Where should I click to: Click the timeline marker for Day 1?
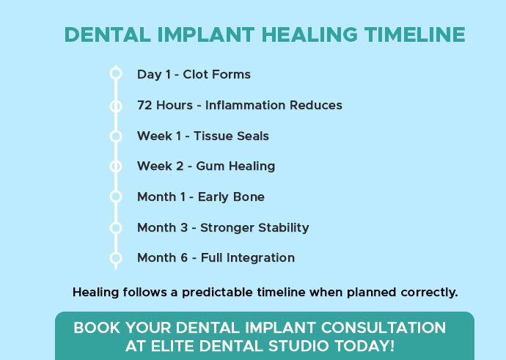pos(115,73)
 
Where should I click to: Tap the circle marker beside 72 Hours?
pos(115,106)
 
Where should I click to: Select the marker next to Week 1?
pos(115,136)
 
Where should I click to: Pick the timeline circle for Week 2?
pos(115,166)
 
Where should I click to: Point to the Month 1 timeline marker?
pos(115,196)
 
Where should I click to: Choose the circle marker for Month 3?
pos(115,227)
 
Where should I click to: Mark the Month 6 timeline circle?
pos(115,257)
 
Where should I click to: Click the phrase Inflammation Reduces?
pos(274,106)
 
